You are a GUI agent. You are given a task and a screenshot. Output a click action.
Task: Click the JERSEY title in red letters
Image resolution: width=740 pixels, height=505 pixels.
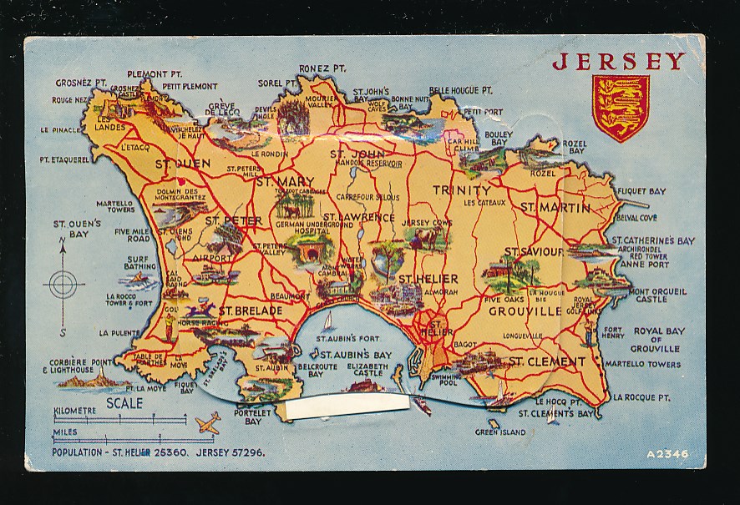coord(618,61)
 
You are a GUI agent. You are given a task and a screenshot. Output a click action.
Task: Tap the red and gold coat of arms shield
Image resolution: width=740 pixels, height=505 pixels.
coord(620,108)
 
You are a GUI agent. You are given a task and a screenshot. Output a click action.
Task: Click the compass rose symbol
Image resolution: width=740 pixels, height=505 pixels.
coord(63,285)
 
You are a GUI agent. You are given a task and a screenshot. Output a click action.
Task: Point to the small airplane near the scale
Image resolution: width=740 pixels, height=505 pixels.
coord(206,422)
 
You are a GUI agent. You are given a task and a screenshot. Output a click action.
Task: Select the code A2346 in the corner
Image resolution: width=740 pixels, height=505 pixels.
coord(667,453)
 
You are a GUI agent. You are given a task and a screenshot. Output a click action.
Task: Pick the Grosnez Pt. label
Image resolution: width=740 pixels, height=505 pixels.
coord(81,83)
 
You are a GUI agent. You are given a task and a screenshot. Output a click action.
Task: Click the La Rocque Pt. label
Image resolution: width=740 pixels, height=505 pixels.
coord(642,397)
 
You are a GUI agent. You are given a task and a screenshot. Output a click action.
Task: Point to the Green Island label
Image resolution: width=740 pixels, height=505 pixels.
coord(500,432)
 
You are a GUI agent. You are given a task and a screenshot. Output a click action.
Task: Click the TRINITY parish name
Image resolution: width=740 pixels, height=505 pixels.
coord(461,190)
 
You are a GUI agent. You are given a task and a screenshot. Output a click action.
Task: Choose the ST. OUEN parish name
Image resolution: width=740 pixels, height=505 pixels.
coord(183,164)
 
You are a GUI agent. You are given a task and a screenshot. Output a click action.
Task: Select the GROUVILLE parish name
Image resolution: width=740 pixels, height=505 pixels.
coord(525,311)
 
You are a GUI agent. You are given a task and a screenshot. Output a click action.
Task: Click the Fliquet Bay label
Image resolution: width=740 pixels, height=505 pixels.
coord(641,191)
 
